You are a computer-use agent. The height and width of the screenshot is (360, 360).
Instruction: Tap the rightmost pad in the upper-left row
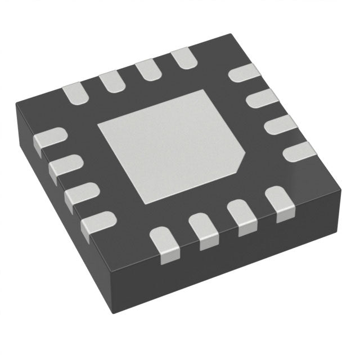click(183, 58)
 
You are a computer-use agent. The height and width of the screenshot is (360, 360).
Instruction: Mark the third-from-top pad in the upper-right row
click(280, 126)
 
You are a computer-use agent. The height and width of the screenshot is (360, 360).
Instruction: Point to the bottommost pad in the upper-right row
click(298, 151)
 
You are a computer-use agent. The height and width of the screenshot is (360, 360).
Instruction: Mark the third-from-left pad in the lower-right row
click(240, 216)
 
